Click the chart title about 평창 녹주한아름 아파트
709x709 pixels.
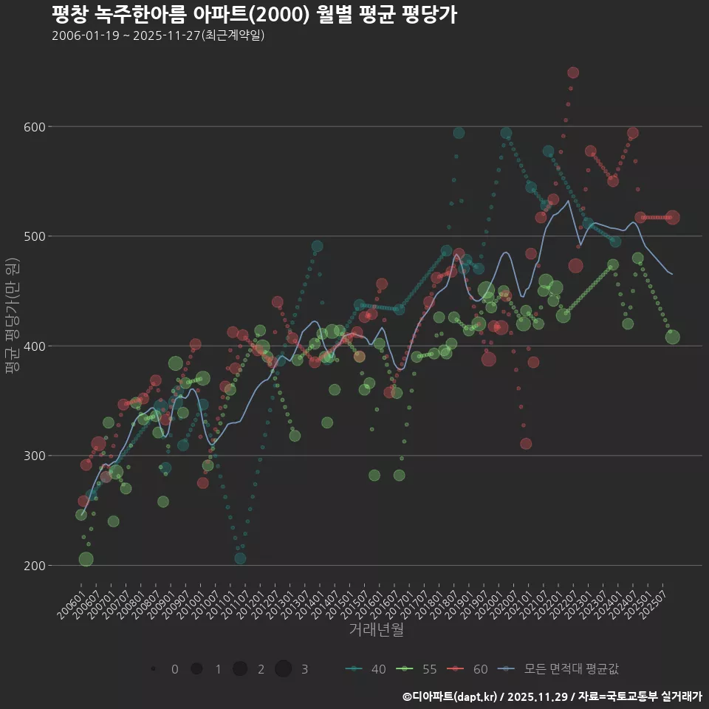pos(254,14)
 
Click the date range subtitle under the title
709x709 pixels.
pos(158,35)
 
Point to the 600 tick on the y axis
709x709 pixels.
pos(35,127)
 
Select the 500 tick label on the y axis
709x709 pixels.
pos(35,236)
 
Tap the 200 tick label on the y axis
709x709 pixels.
pos(35,566)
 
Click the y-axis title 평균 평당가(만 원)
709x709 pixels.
pos(11,318)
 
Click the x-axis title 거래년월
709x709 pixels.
pos(376,630)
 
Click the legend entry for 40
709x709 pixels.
pos(368,669)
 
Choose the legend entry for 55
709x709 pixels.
pos(419,669)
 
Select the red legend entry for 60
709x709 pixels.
pos(470,669)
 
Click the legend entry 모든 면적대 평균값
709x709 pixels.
pos(561,669)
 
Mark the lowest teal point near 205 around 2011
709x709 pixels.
pos(240,558)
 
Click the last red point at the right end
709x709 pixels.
pos(673,217)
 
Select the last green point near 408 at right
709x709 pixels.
pos(673,338)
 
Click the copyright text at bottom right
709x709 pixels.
pos(552,696)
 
